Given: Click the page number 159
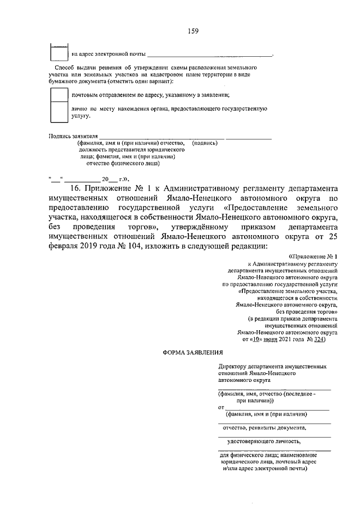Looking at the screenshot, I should click(x=193, y=31).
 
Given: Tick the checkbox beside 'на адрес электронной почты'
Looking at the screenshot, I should click(x=60, y=53).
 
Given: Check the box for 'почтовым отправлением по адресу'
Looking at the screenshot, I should click(x=60, y=94).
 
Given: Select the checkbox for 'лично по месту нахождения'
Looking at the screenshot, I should click(x=60, y=112).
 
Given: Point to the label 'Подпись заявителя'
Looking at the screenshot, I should click(x=74, y=136).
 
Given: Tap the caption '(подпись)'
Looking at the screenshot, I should click(x=205, y=143).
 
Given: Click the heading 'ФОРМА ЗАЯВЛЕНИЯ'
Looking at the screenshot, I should click(x=193, y=353).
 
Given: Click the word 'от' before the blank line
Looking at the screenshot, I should click(x=221, y=406).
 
